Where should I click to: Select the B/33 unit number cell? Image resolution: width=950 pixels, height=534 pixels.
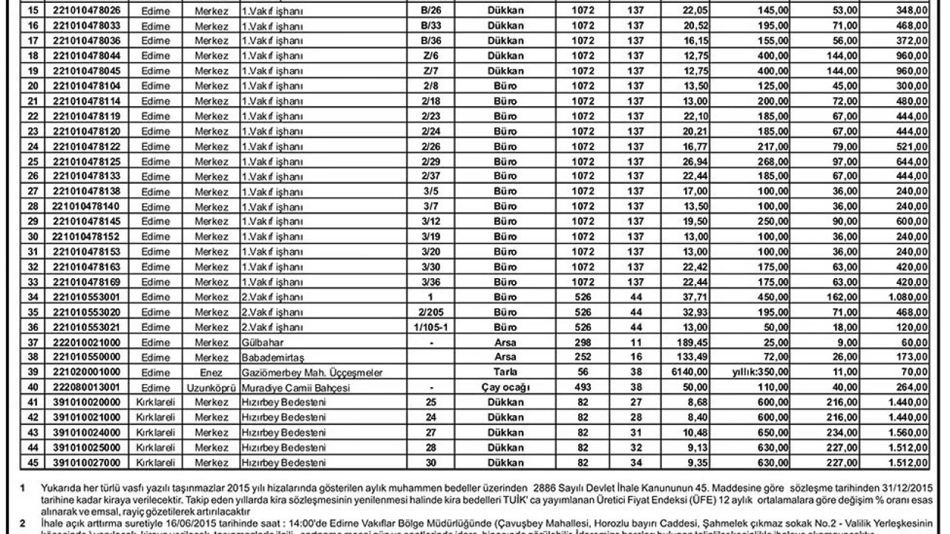[431, 25]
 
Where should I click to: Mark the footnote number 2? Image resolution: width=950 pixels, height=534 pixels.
[23, 522]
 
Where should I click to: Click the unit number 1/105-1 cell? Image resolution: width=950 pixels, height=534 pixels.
[431, 328]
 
